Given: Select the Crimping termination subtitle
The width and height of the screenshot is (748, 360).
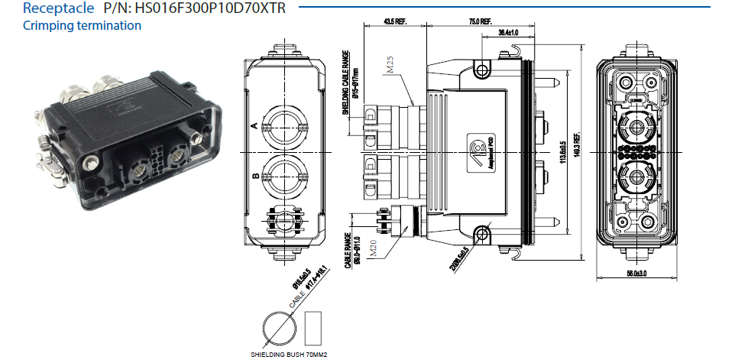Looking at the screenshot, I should [x=82, y=26].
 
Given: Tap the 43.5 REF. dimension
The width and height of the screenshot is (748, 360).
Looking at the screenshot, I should [x=394, y=21].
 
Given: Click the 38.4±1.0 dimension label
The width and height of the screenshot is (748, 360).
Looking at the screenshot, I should [x=508, y=33].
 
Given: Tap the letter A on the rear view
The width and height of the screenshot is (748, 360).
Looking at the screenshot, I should [x=254, y=125].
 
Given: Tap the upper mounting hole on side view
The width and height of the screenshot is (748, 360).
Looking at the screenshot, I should [x=481, y=70].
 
